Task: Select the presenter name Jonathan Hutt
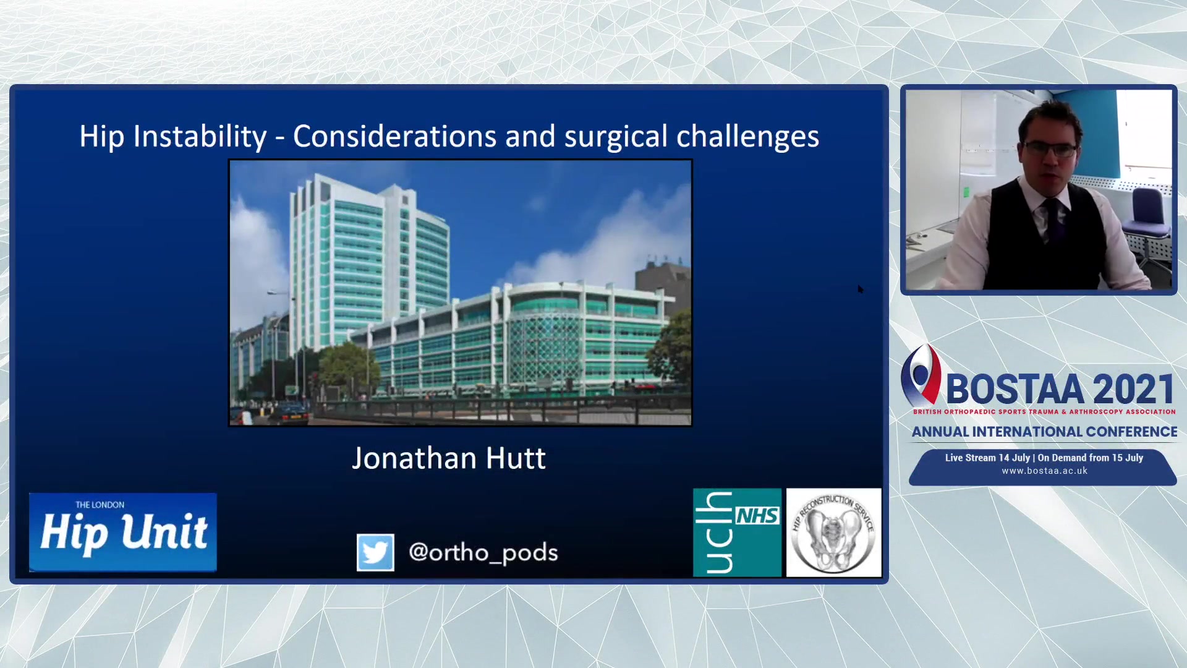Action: coord(449,459)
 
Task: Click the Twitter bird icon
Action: coord(375,552)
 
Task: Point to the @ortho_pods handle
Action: coord(483,552)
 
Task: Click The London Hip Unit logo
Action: coord(123,532)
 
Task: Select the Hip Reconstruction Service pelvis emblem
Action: coord(833,533)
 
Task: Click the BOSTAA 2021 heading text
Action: coord(1060,390)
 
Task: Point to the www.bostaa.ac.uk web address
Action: coord(1044,471)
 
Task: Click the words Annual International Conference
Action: coord(1044,432)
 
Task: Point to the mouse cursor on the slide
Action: coord(861,289)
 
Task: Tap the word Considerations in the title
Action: coord(394,137)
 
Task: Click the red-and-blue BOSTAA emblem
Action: coord(921,375)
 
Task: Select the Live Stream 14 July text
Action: coord(987,458)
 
